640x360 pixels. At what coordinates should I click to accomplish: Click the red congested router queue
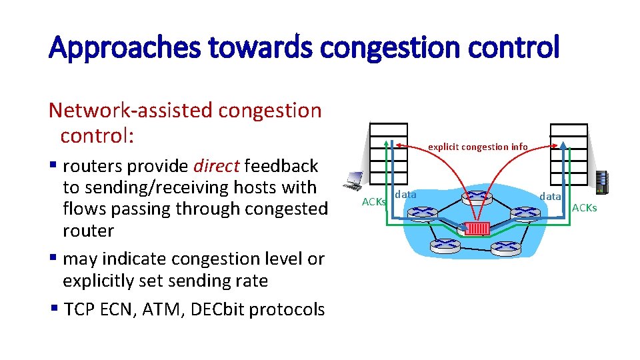(x=478, y=227)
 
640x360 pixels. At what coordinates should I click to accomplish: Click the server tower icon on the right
(x=602, y=182)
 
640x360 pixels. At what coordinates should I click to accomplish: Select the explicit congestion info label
(x=477, y=147)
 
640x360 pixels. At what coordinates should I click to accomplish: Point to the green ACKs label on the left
(x=373, y=201)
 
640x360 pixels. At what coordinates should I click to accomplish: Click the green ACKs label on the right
(x=585, y=208)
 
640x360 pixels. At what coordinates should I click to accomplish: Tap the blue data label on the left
(x=405, y=195)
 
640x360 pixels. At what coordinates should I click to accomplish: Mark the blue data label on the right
(x=550, y=196)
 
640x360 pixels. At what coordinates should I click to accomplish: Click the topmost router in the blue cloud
(x=478, y=196)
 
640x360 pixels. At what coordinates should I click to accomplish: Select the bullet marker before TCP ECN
(x=53, y=309)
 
